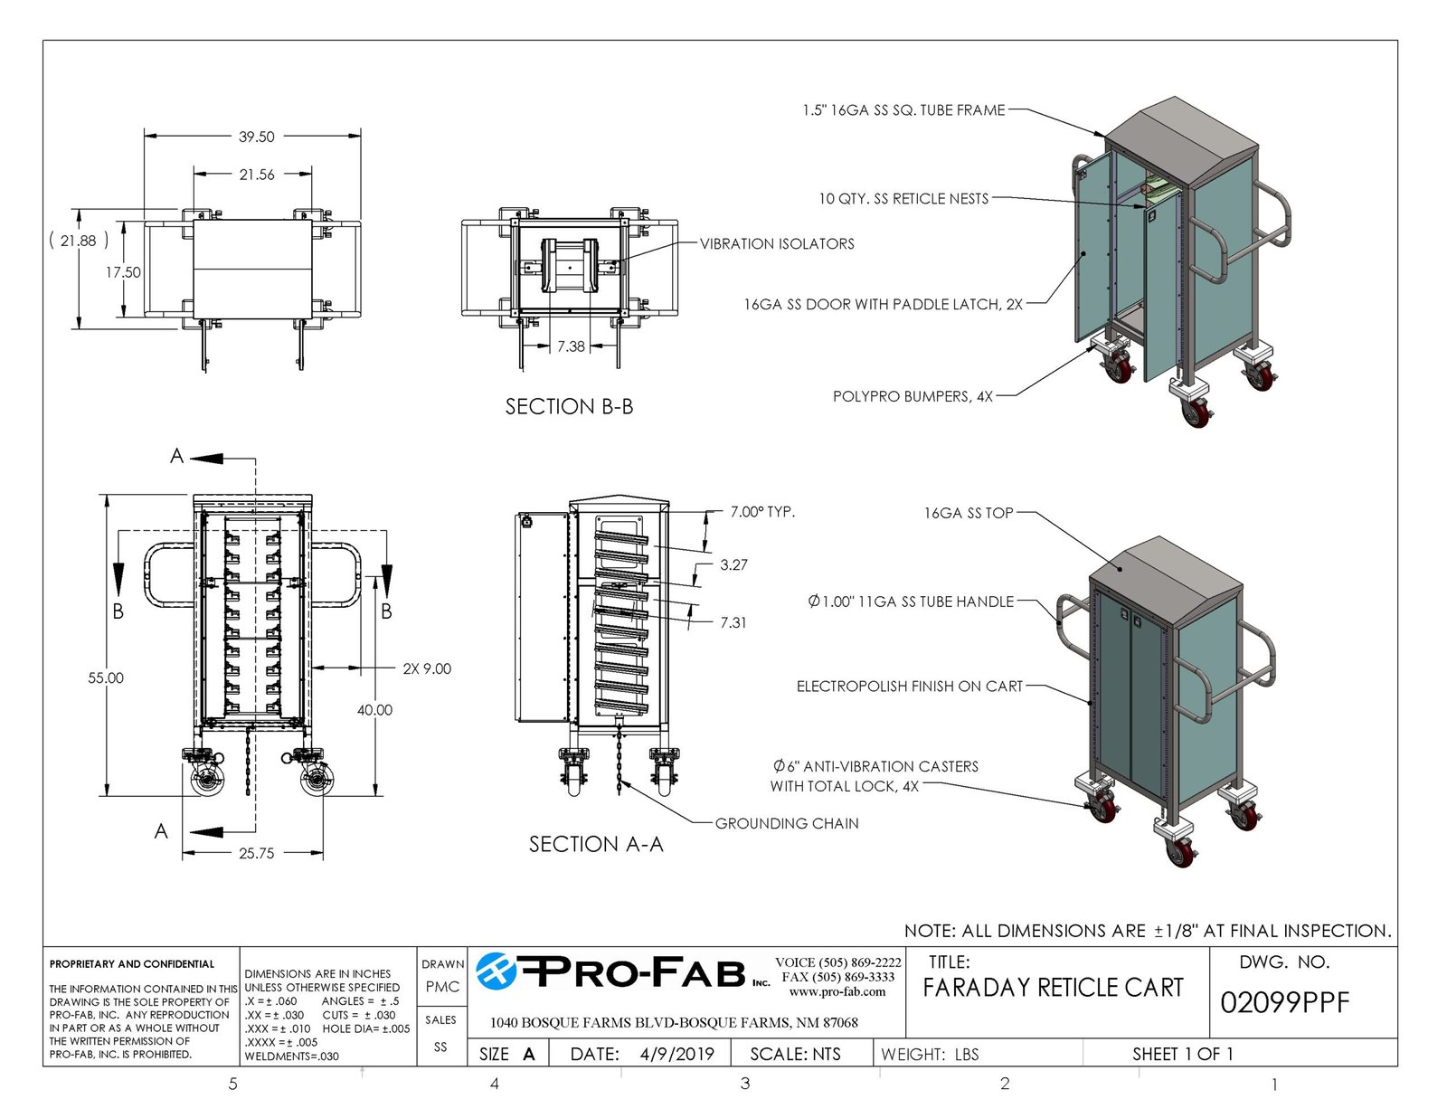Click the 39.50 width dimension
click(x=256, y=137)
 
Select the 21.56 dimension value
click(x=256, y=175)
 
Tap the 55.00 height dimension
click(x=106, y=677)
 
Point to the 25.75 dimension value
click(x=256, y=853)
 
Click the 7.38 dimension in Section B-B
click(x=571, y=346)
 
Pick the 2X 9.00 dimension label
click(x=426, y=668)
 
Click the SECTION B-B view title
click(x=569, y=407)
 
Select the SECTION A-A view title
click(x=596, y=844)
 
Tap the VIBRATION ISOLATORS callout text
click(x=777, y=243)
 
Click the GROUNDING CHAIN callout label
click(x=787, y=823)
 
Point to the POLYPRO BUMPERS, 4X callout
click(x=913, y=396)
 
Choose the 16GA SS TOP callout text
click(x=968, y=513)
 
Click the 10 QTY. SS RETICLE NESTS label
click(x=903, y=198)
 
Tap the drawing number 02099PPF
click(x=1284, y=1002)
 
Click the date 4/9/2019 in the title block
click(x=676, y=1054)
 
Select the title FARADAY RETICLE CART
click(x=1053, y=988)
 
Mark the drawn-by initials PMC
click(x=442, y=987)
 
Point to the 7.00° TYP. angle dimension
click(x=762, y=512)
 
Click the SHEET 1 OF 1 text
click(x=1182, y=1054)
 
